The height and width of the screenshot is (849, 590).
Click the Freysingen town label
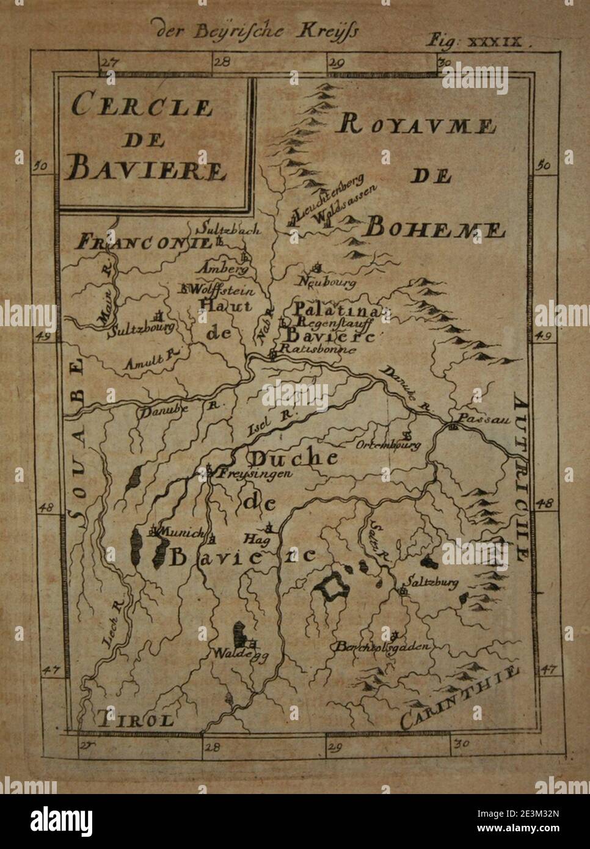point(254,473)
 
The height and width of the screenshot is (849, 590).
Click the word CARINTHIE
point(461,696)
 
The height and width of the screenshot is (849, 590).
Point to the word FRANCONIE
point(143,242)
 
